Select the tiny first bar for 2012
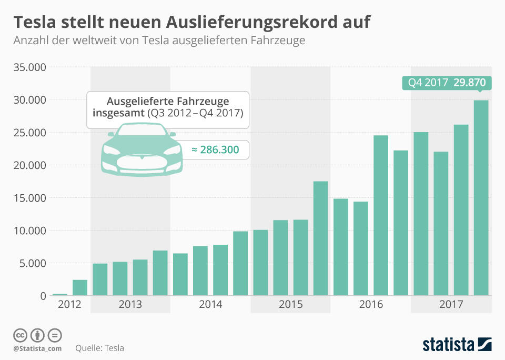(60, 294)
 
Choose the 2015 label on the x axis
(290, 305)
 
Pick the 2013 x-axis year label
(130, 305)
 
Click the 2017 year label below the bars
(451, 305)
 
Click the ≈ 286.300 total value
(215, 150)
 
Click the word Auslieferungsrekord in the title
(250, 22)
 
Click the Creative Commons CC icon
(20, 335)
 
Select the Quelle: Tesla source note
(100, 348)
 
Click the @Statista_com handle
(37, 348)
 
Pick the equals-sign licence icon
(55, 335)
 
